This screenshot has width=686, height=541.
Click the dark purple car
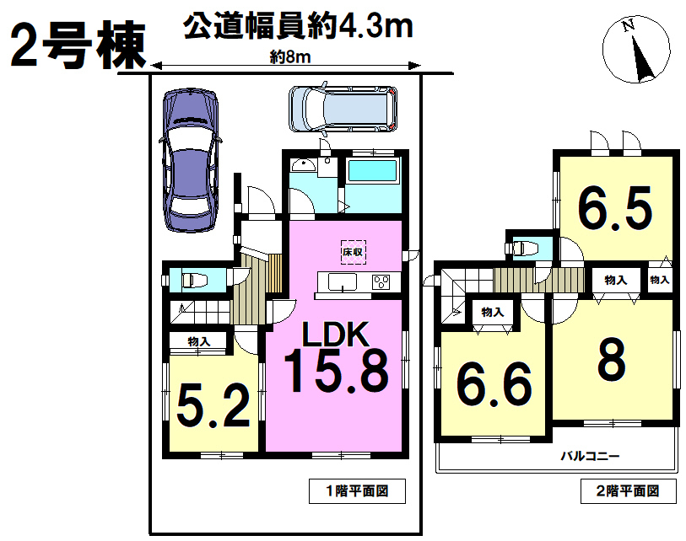tap(190, 160)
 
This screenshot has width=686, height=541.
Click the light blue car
tap(343, 109)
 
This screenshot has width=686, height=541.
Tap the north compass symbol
tap(636, 49)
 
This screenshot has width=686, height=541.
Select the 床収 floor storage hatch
tap(353, 252)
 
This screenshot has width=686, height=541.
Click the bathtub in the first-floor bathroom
tap(373, 170)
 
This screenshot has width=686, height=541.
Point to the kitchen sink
tap(342, 281)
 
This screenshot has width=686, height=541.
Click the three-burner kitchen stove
tap(382, 281)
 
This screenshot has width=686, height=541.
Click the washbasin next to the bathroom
tap(303, 166)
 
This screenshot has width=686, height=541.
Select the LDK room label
tap(336, 335)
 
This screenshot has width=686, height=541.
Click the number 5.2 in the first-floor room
tap(213, 407)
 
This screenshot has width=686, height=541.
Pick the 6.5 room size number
tap(615, 208)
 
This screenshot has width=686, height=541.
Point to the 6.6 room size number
tap(494, 384)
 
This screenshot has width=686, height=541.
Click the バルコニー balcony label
tap(590, 457)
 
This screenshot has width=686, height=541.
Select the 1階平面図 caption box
tap(357, 491)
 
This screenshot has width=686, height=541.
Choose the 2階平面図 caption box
tap(629, 491)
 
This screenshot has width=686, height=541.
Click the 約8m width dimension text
tap(290, 56)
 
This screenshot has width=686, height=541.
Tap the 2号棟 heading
tap(78, 45)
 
